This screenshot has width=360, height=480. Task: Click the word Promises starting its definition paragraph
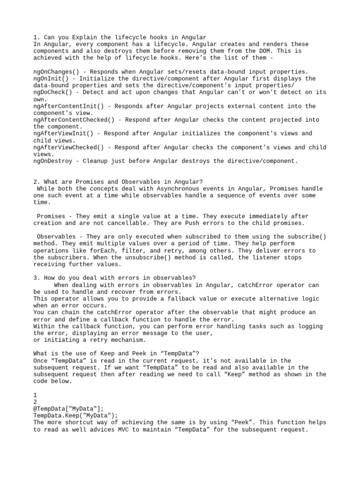[x=52, y=216]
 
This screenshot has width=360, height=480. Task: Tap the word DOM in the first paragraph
[x=267, y=51]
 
